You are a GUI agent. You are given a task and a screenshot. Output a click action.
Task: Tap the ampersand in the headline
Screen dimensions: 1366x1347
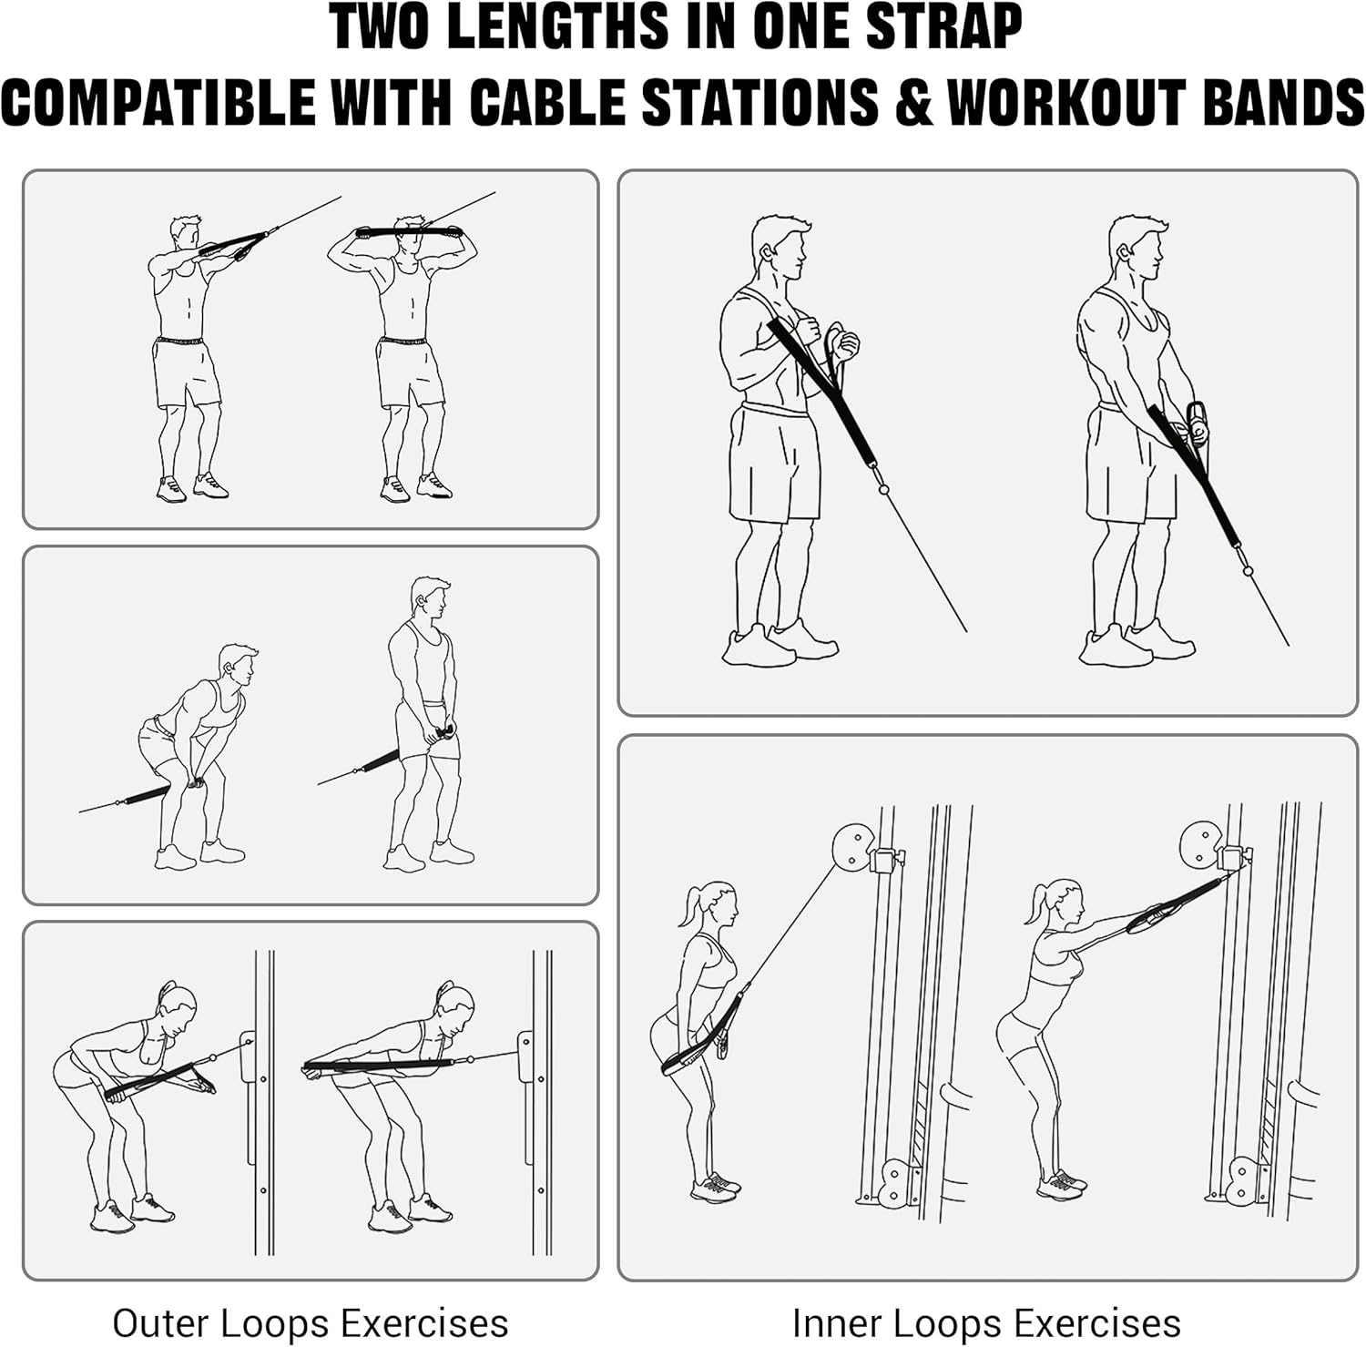click(x=913, y=101)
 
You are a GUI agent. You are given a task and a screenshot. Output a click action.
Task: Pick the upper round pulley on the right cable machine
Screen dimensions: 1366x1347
click(x=1202, y=844)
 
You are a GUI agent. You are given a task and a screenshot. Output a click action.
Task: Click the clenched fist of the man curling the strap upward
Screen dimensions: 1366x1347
click(x=844, y=344)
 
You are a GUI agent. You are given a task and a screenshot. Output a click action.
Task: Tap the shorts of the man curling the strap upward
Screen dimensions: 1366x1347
click(x=774, y=464)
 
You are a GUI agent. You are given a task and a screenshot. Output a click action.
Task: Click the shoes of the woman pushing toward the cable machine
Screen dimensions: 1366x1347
click(x=1062, y=1184)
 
